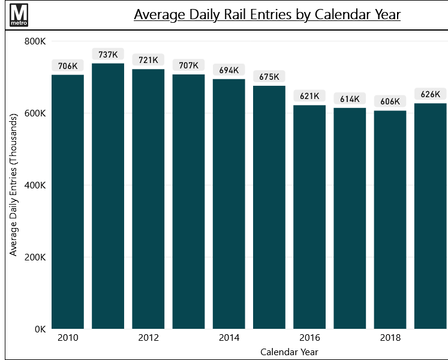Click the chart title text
point(267,14)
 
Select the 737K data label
point(108,55)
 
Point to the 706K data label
point(68,66)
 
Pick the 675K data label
point(269,77)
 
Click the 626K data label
point(430,94)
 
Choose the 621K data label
point(309,96)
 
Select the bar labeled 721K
point(148,199)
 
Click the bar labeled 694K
point(229,204)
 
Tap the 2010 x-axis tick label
point(68,338)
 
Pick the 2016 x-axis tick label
point(309,338)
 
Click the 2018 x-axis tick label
point(390,338)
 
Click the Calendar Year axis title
point(289,352)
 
